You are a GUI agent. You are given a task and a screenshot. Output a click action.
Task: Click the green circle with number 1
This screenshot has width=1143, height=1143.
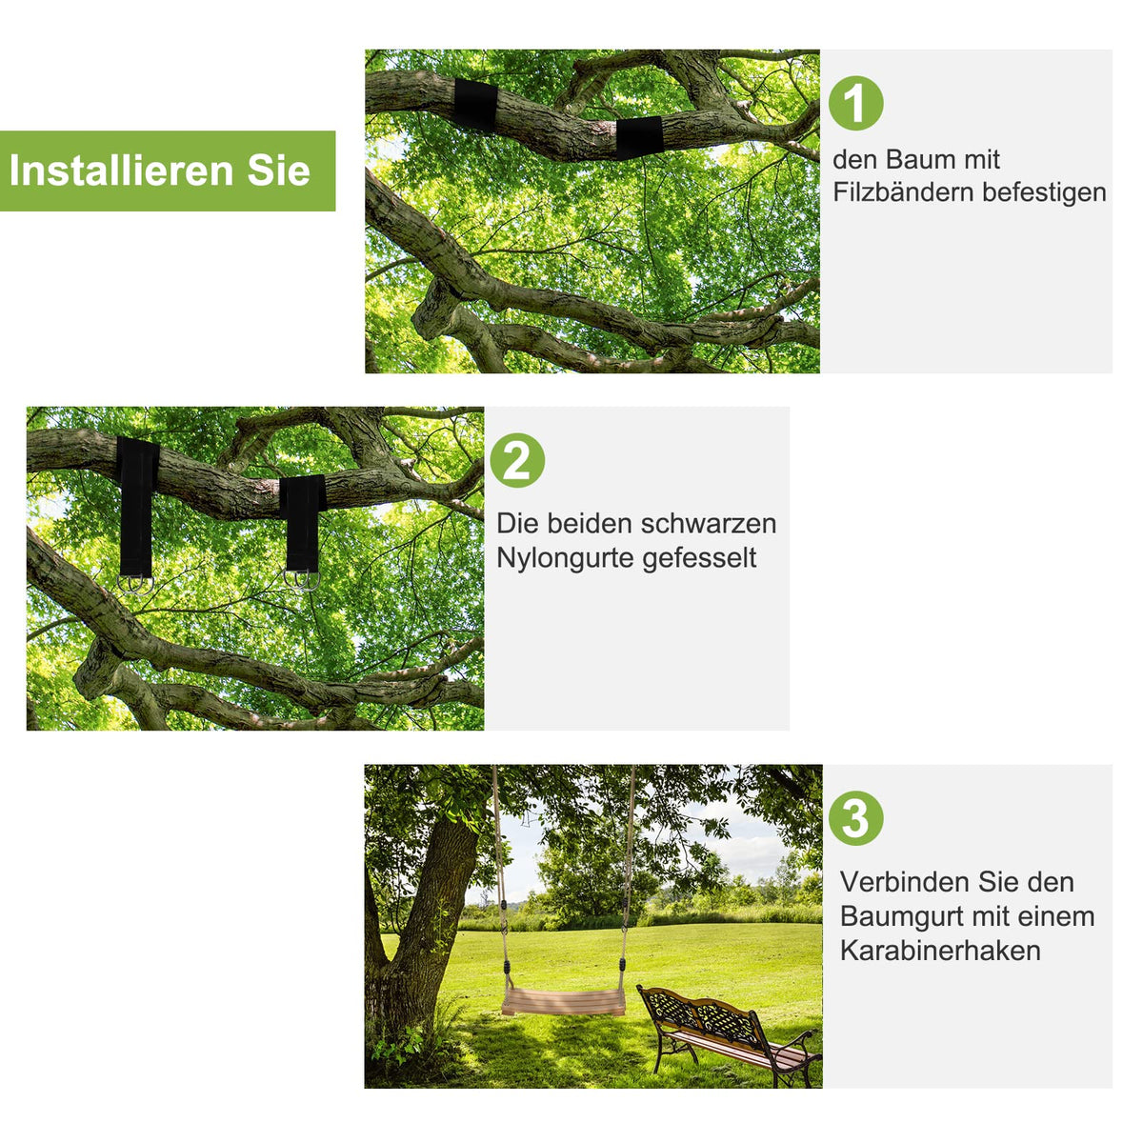855,103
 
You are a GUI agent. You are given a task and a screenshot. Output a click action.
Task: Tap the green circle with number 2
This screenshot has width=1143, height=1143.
517,460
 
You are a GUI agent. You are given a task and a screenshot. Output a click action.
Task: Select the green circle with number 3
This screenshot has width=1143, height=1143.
855,818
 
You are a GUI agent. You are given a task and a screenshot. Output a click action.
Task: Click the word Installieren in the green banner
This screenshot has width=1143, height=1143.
122,170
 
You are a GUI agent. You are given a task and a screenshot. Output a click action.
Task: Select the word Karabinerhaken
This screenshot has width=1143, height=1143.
940,951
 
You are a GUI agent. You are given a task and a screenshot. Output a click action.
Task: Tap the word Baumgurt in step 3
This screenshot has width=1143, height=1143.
897,917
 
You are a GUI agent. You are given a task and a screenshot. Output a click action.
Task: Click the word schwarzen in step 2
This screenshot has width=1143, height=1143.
709,524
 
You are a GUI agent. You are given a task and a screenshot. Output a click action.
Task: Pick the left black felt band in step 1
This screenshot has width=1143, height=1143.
475,104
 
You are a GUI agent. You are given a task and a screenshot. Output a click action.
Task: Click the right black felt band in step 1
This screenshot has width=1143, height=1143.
639,137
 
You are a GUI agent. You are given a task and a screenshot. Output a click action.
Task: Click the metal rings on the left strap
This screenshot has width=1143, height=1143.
135,584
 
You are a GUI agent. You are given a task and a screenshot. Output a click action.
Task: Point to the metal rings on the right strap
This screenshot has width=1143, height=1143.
302,580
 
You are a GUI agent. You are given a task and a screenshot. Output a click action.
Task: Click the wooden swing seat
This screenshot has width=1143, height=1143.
564,1001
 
